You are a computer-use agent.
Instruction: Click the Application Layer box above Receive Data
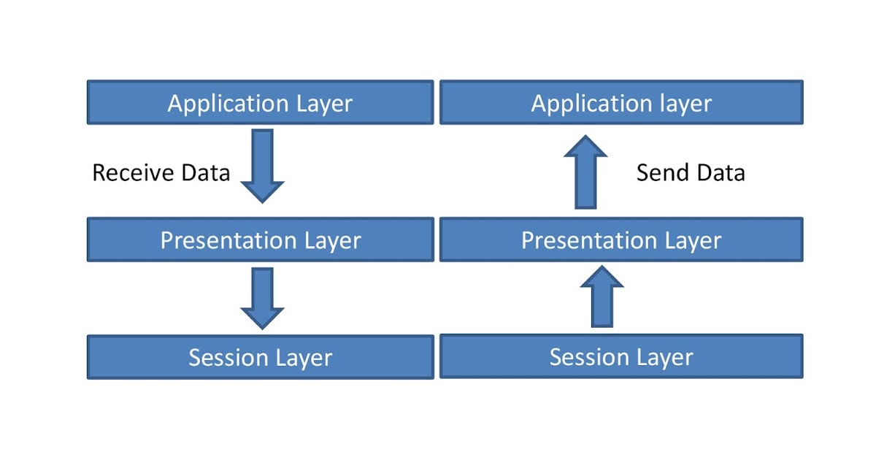[260, 102]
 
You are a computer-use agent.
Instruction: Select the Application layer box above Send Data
[620, 102]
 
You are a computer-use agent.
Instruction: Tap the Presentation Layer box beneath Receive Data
[260, 239]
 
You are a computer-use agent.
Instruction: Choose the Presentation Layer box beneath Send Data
[620, 239]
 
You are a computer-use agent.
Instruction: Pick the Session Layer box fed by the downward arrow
[260, 357]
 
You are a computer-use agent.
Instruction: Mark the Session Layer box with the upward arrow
[620, 356]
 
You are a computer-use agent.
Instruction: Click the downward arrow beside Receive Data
[262, 165]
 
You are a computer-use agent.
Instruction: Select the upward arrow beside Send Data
[585, 172]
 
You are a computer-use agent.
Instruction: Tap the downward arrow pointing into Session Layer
[262, 297]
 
